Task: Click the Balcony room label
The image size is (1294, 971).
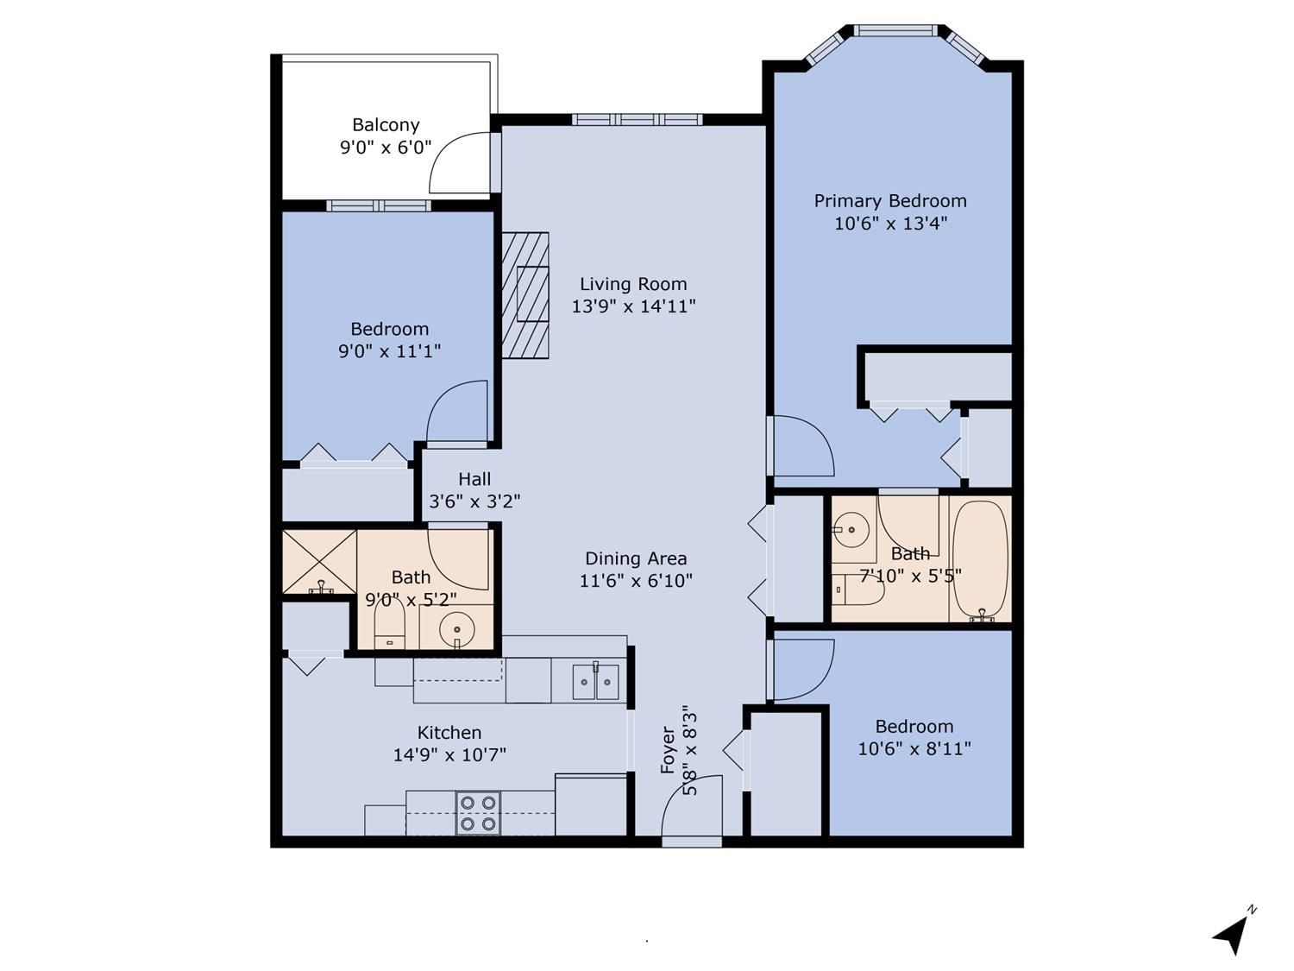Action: pyautogui.click(x=386, y=125)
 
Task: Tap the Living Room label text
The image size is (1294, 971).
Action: pyautogui.click(x=633, y=284)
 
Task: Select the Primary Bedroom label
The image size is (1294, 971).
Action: pyautogui.click(x=890, y=201)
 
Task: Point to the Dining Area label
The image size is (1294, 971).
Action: pyautogui.click(x=636, y=558)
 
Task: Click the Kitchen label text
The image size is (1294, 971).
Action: pyautogui.click(x=449, y=732)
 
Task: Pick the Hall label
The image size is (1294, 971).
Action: pyautogui.click(x=474, y=479)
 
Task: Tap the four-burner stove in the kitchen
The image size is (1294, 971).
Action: pyautogui.click(x=478, y=813)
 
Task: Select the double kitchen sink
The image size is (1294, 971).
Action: pyautogui.click(x=595, y=682)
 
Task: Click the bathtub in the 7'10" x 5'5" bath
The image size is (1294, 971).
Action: pyautogui.click(x=980, y=559)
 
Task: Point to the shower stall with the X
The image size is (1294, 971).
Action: pyautogui.click(x=319, y=561)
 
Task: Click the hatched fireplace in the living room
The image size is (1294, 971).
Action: pyautogui.click(x=525, y=295)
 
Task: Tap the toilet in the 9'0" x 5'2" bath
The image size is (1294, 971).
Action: pyautogui.click(x=390, y=624)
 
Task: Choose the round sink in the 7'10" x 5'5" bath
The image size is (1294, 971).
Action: pyautogui.click(x=851, y=529)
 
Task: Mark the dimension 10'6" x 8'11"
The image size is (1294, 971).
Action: pyautogui.click(x=914, y=748)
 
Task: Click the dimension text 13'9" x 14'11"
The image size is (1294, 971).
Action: pyautogui.click(x=634, y=306)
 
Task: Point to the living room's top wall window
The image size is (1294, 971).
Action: pyautogui.click(x=637, y=120)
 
